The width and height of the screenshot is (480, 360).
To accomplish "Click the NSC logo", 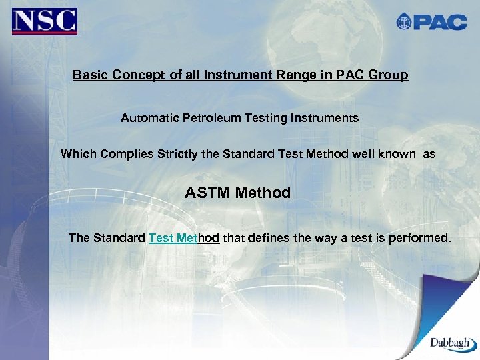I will pyautogui.click(x=45, y=21).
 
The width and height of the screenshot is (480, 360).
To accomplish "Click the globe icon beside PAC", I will pyautogui.click(x=404, y=22).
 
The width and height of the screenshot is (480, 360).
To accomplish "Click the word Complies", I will pyautogui.click(x=127, y=154).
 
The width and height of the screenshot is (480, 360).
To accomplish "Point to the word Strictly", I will pyautogui.click(x=177, y=154).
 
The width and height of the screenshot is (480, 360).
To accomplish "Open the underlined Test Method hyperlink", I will pyautogui.click(x=184, y=238).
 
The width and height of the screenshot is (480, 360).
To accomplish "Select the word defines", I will pyautogui.click(x=269, y=238).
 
